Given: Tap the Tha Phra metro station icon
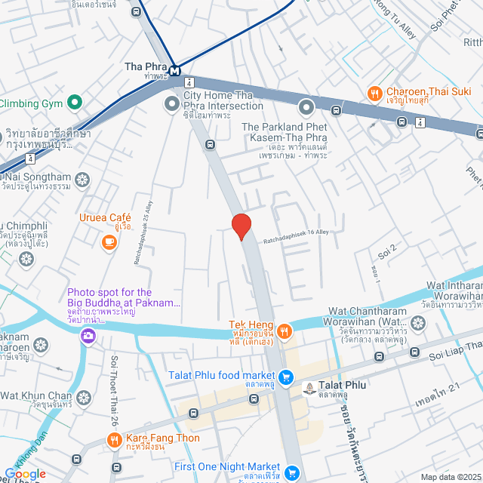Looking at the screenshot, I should pyautogui.click(x=175, y=72).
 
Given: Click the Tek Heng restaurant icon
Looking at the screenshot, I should pyautogui.click(x=284, y=330).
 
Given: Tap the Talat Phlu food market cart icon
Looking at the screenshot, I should pyautogui.click(x=286, y=376).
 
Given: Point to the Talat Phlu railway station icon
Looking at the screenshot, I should pyautogui.click(x=309, y=388).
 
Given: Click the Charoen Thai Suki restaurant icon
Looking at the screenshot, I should pyautogui.click(x=374, y=94).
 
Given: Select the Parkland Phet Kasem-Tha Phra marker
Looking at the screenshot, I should pyautogui.click(x=306, y=107).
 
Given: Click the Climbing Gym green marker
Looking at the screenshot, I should pyautogui.click(x=74, y=101).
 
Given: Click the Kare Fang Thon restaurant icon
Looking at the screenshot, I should pyautogui.click(x=114, y=439).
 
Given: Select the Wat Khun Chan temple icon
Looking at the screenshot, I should pyautogui.click(x=83, y=396).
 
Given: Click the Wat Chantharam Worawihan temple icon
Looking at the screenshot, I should pyautogui.click(x=417, y=324).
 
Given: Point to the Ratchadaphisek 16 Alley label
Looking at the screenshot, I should pyautogui.click(x=297, y=236).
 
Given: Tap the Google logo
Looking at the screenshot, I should pyautogui.click(x=24, y=474).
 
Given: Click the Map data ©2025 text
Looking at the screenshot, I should pyautogui.click(x=450, y=476).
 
